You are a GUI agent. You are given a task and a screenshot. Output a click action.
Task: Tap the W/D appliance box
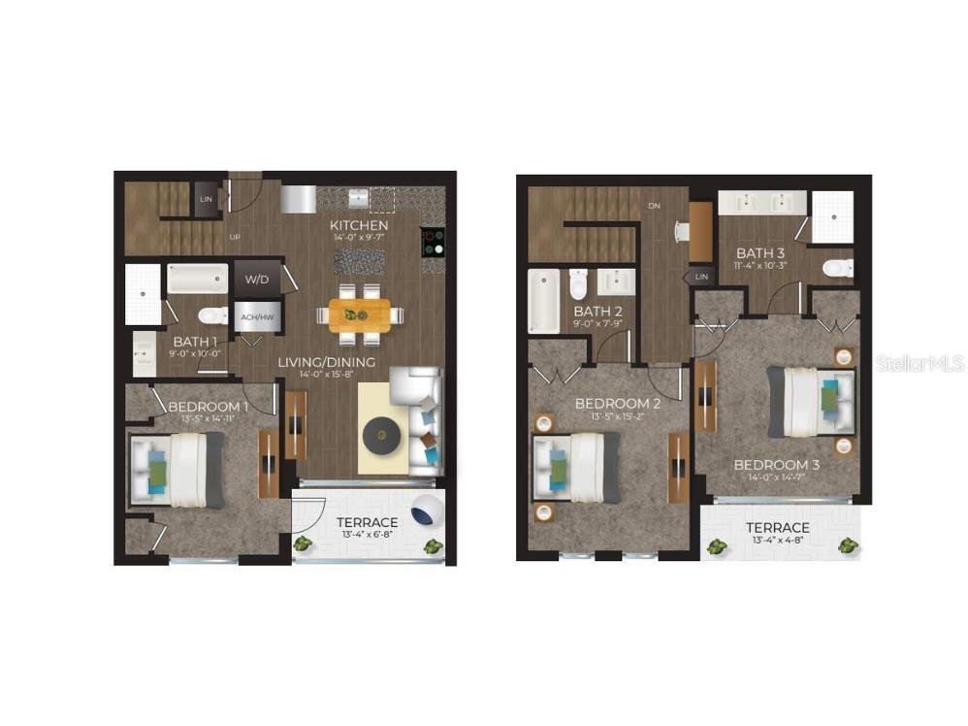257,280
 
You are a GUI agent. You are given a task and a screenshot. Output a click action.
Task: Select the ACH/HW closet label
255,315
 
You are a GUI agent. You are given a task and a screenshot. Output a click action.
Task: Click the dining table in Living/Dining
359,314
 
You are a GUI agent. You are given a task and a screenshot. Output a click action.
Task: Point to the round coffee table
383,438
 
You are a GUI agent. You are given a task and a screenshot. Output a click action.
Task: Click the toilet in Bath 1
210,315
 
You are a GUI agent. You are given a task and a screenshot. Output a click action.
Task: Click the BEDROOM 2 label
618,404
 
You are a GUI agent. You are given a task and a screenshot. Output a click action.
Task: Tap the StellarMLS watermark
919,364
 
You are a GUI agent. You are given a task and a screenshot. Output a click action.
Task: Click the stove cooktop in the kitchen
433,243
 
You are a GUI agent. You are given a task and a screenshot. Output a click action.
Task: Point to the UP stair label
234,237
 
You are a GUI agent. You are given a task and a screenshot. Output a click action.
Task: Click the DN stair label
655,206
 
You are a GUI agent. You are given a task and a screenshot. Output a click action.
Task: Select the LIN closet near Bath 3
701,278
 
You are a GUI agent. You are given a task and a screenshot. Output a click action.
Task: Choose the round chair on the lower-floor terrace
425,510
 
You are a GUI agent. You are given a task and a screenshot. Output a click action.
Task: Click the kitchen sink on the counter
358,199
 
